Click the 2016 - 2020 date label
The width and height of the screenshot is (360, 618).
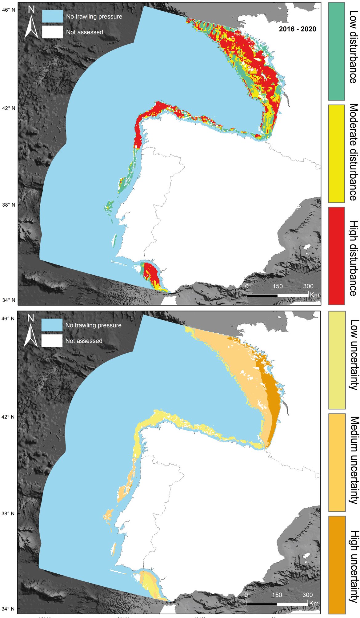(x=297, y=29)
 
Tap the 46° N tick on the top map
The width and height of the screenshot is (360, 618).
(x=9, y=10)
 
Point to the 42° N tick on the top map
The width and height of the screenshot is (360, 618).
(x=9, y=108)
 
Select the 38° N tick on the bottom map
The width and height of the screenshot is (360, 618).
(x=9, y=513)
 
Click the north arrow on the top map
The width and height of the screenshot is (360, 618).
(x=31, y=23)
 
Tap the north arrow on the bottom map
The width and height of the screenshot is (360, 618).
(x=30, y=332)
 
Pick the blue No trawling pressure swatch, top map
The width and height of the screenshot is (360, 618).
(x=53, y=16)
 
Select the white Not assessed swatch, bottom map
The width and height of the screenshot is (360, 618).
(x=52, y=341)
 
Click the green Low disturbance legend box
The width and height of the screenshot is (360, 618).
(x=336, y=51)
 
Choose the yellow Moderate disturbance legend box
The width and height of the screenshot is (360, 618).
(x=336, y=154)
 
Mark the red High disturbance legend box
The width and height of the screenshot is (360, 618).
(x=336, y=256)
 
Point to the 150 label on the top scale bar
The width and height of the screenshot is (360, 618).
(x=278, y=286)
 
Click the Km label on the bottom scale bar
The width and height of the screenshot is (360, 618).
(x=314, y=603)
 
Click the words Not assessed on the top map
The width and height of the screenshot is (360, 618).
(x=84, y=32)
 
